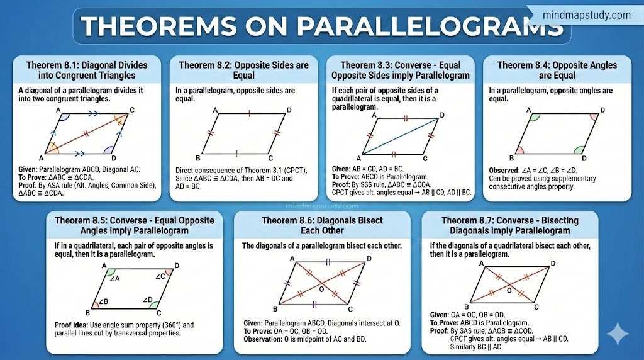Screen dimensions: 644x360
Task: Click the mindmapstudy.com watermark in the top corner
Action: [587, 15]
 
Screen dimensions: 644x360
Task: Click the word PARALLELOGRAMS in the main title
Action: [430, 26]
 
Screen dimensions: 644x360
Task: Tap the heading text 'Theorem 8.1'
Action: [52, 65]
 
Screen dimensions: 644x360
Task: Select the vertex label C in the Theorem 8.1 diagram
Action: [132, 110]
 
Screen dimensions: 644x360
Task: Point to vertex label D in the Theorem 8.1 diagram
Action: [113, 158]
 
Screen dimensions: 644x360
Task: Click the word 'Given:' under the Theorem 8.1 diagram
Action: [28, 169]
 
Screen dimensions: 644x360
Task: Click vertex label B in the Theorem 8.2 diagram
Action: [198, 158]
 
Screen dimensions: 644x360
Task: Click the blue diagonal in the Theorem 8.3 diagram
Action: [400, 136]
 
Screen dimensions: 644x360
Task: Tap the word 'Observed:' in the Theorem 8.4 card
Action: [504, 171]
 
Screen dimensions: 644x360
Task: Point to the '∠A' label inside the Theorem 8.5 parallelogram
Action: [114, 279]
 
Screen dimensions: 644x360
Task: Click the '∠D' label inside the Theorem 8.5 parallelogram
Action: [147, 300]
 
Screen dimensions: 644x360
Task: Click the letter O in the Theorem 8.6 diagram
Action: [321, 290]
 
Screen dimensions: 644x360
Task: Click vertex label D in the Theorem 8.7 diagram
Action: [553, 263]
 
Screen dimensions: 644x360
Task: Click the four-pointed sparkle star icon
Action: [618, 334]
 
